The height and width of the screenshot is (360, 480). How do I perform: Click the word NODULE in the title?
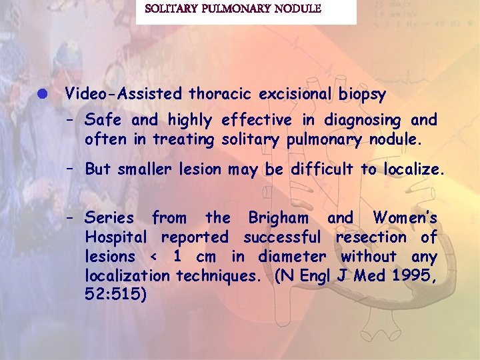point(296,9)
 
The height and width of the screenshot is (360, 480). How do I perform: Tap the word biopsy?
point(362,95)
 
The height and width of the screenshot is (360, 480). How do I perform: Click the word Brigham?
point(278,217)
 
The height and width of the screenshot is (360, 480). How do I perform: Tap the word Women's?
point(405,217)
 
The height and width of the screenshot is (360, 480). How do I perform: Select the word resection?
point(371,237)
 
